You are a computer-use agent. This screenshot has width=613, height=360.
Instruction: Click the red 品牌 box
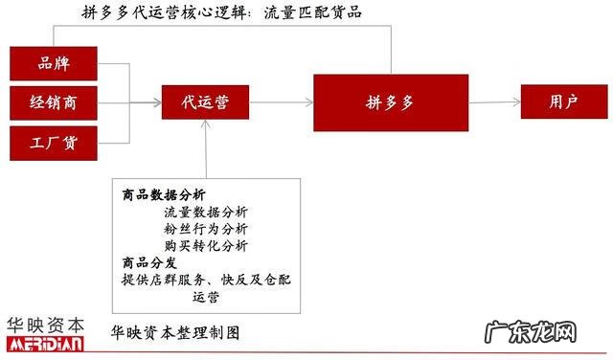54,63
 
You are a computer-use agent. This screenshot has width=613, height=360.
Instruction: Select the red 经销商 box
54,103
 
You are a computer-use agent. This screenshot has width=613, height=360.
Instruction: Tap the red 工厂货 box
54,143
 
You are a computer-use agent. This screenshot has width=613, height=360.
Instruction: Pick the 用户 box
563,101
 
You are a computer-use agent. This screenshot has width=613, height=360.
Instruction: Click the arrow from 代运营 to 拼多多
283,101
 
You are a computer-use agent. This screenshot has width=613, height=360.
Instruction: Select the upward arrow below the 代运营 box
207,148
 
